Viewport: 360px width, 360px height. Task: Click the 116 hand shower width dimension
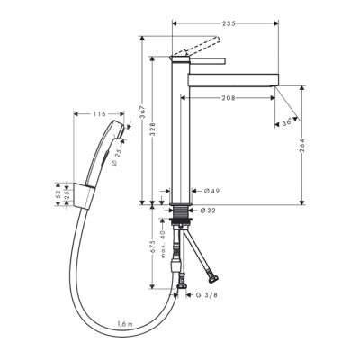[x=101, y=114]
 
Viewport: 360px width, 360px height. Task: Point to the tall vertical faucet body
[x=180, y=135]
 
